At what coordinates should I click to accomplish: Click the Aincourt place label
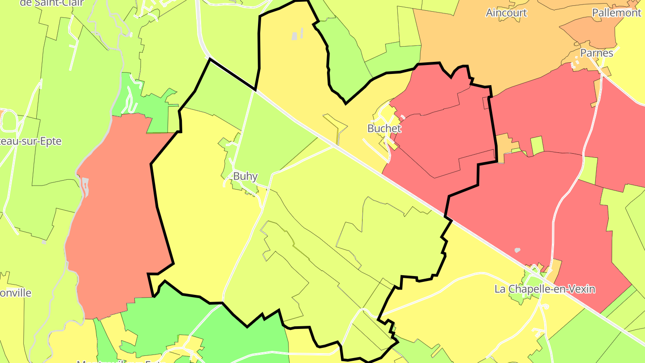pos(506,13)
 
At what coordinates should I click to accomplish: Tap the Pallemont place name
pos(616,13)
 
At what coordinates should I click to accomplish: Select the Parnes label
pos(597,53)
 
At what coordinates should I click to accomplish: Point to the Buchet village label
pos(384,129)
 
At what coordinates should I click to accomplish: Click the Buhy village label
pos(245,176)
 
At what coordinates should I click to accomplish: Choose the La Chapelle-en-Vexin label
pos(545,289)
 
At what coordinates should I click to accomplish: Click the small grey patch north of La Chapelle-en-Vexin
pos(518,250)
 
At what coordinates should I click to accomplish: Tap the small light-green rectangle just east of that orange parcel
pos(537,145)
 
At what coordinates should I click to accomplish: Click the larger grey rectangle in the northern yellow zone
pos(294,36)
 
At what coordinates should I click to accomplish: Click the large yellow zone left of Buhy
pos(202,215)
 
